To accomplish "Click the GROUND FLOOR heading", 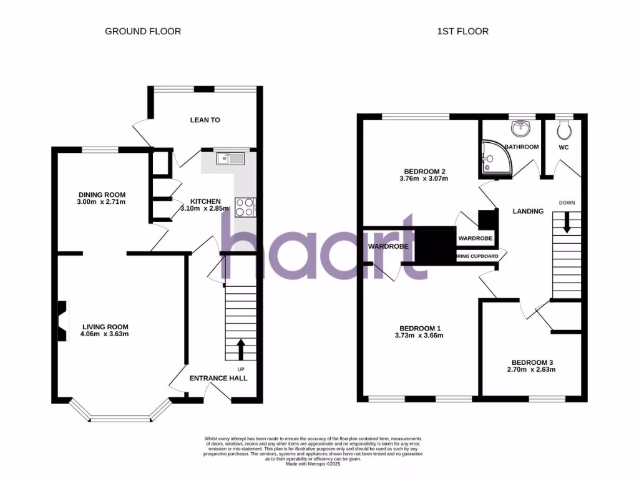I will pos(143,31).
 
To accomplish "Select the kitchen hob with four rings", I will pos(244,207).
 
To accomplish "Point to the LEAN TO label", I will pos(205,120).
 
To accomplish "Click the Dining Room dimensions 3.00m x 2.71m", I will pos(102,201).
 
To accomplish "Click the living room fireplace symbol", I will pos(63,321).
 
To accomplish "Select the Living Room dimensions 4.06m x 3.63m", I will pos(105,334).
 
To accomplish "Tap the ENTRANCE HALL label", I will pos(218,378).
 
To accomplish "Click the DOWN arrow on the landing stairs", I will pos(567,223).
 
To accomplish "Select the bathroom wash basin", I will pos(520,128).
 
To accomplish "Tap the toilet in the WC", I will pos(565,128).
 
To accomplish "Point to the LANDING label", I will pos(528,211).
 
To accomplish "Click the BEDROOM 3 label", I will pos(532,362).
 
